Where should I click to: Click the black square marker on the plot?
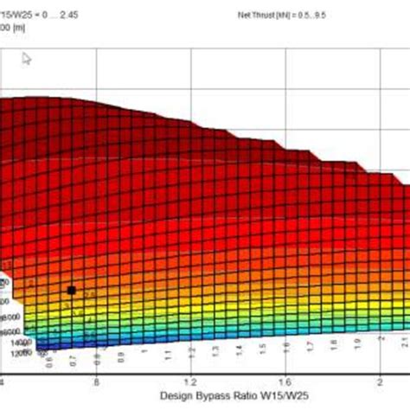pos(71,290)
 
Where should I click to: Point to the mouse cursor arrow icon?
pos(27,59)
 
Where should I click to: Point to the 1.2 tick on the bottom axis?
pos(189,381)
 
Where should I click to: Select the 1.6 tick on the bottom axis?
pos(284,381)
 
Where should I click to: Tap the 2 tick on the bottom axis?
pos(378,381)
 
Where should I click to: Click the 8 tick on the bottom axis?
pos(97,381)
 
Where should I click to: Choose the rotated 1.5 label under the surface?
pos(259,351)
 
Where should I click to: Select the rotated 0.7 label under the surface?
pos(73,356)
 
